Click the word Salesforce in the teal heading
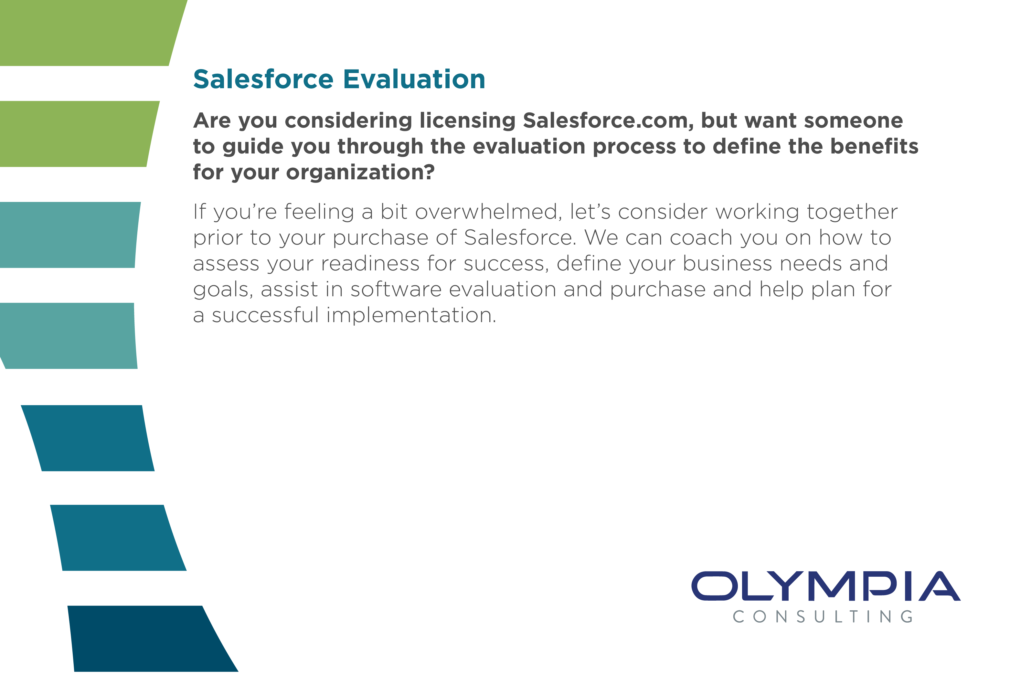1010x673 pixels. pos(263,79)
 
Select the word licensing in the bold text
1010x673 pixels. pos(467,121)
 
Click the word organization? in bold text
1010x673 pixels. pos(360,172)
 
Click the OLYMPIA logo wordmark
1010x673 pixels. pos(825,586)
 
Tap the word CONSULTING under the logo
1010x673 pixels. pos(823,617)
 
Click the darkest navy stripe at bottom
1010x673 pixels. pos(146,639)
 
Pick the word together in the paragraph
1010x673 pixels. pos(852,212)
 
